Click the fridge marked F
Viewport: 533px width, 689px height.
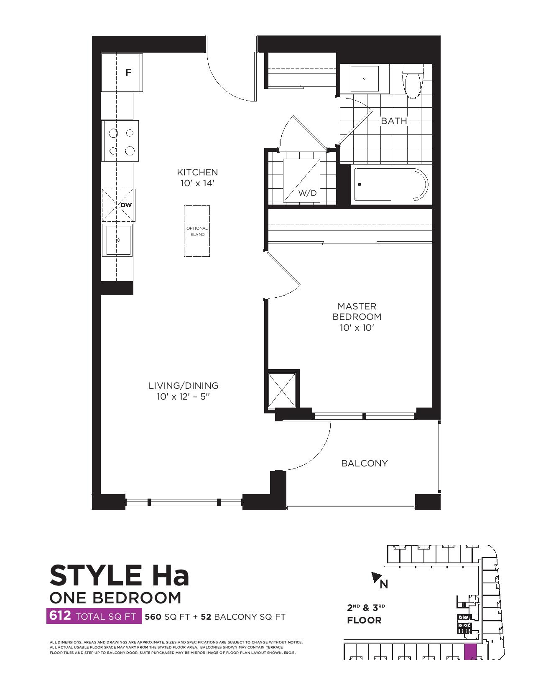pyautogui.click(x=122, y=73)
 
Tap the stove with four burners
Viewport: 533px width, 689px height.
pyautogui.click(x=120, y=142)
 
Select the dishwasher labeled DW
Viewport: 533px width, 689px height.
pyautogui.click(x=118, y=205)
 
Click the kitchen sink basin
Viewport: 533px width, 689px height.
pyautogui.click(x=118, y=240)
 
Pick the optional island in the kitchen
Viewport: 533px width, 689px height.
pyautogui.click(x=197, y=231)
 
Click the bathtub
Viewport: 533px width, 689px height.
pyautogui.click(x=389, y=185)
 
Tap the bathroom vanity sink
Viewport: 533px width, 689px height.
pyautogui.click(x=365, y=79)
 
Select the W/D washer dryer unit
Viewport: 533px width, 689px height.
pyautogui.click(x=301, y=181)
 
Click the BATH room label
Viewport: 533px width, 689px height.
pyautogui.click(x=394, y=121)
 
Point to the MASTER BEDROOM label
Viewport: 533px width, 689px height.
pyautogui.click(x=357, y=312)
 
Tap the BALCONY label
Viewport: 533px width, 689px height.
pyautogui.click(x=365, y=463)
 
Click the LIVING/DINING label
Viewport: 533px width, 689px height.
pyautogui.click(x=184, y=385)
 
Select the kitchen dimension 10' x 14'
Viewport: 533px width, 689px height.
pyautogui.click(x=197, y=183)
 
